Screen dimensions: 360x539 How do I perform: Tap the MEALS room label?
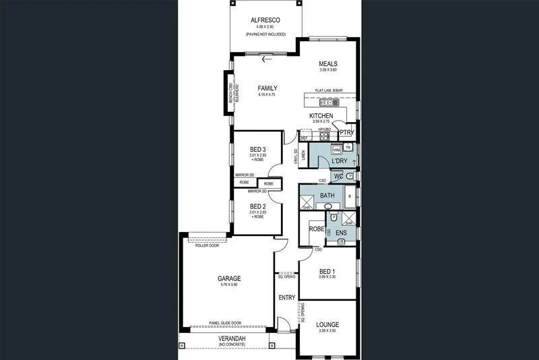327,65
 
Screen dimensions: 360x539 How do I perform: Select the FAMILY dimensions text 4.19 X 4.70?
267,95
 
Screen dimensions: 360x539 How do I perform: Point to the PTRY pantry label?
347,133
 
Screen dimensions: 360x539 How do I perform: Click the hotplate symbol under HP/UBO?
324,135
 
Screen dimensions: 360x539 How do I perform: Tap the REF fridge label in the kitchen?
304,138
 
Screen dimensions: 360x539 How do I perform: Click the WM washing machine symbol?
336,149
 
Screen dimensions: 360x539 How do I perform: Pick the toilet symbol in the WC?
350,176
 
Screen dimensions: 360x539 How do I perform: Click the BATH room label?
327,196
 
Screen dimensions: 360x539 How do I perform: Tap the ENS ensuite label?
341,234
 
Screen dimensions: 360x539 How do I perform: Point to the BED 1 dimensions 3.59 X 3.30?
327,277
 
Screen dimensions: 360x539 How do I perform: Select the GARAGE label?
229,278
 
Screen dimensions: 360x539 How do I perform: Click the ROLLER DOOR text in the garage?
207,246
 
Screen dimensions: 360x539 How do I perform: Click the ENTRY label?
286,297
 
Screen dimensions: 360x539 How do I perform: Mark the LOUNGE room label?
327,324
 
